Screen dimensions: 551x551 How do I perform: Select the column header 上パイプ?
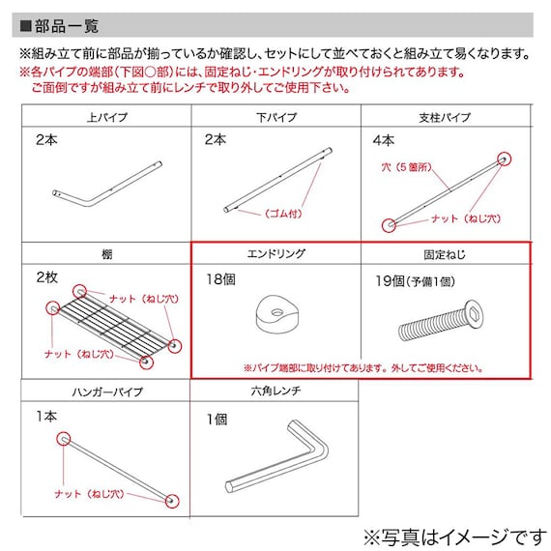click(x=107, y=117)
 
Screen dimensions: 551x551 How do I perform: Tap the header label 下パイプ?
click(x=276, y=117)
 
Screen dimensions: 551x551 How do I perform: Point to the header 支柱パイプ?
click(x=445, y=117)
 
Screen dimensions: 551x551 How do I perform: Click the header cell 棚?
click(x=107, y=254)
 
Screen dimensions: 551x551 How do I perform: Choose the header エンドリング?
click(x=276, y=253)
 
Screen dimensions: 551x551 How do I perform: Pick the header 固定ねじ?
click(x=445, y=254)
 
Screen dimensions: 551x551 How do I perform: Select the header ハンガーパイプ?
click(x=107, y=391)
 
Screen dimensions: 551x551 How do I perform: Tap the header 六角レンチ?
click(x=275, y=391)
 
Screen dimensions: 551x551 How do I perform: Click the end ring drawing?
click(x=276, y=314)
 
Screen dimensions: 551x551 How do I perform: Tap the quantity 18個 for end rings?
click(x=220, y=279)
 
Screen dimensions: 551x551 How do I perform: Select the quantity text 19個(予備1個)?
click(x=415, y=281)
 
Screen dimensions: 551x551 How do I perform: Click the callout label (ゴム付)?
click(x=283, y=214)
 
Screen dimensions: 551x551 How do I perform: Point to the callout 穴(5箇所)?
click(x=406, y=167)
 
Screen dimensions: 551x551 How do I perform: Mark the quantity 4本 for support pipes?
click(x=384, y=140)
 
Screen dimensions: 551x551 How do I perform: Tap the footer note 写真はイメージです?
click(x=454, y=536)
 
